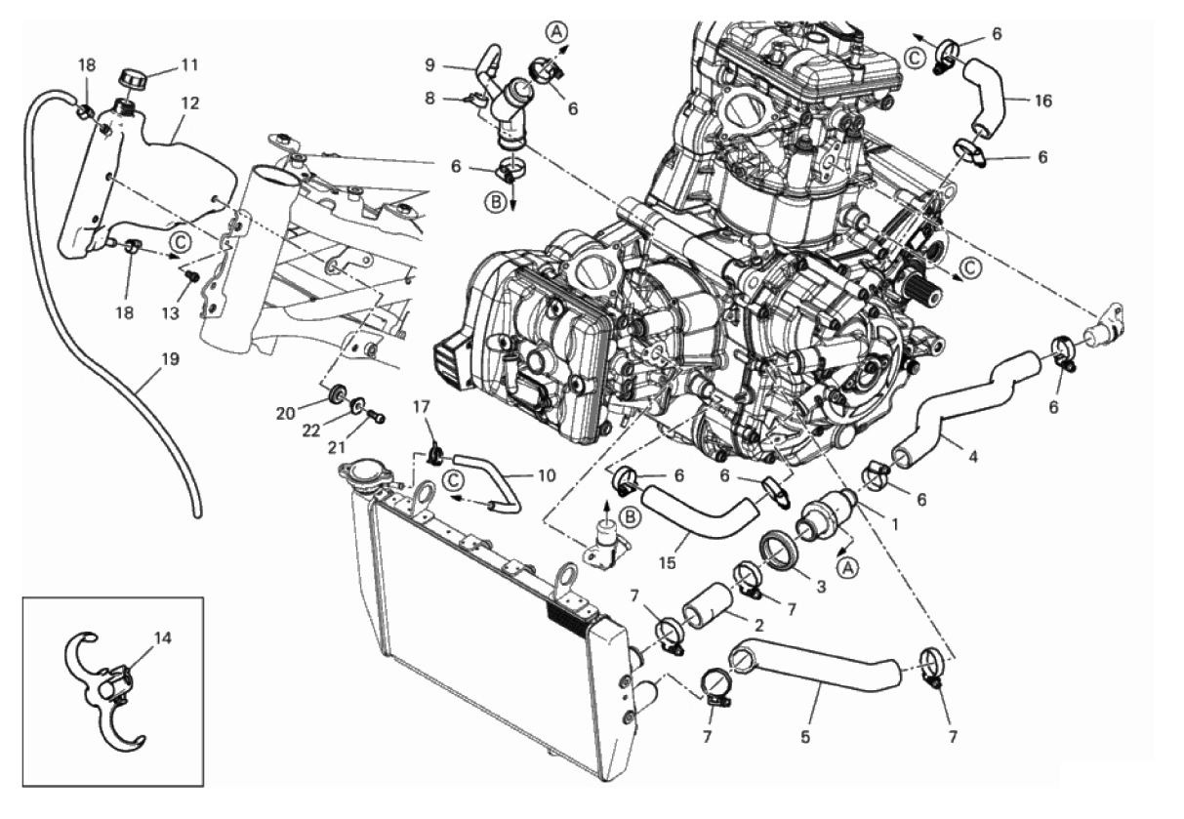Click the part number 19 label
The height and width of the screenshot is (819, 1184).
pyautogui.click(x=169, y=360)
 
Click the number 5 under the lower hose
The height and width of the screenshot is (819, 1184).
pyautogui.click(x=806, y=738)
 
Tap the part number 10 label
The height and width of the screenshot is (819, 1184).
pyautogui.click(x=546, y=476)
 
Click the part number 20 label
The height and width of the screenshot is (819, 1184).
pyautogui.click(x=284, y=413)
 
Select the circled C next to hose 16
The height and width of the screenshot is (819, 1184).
pyautogui.click(x=915, y=58)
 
